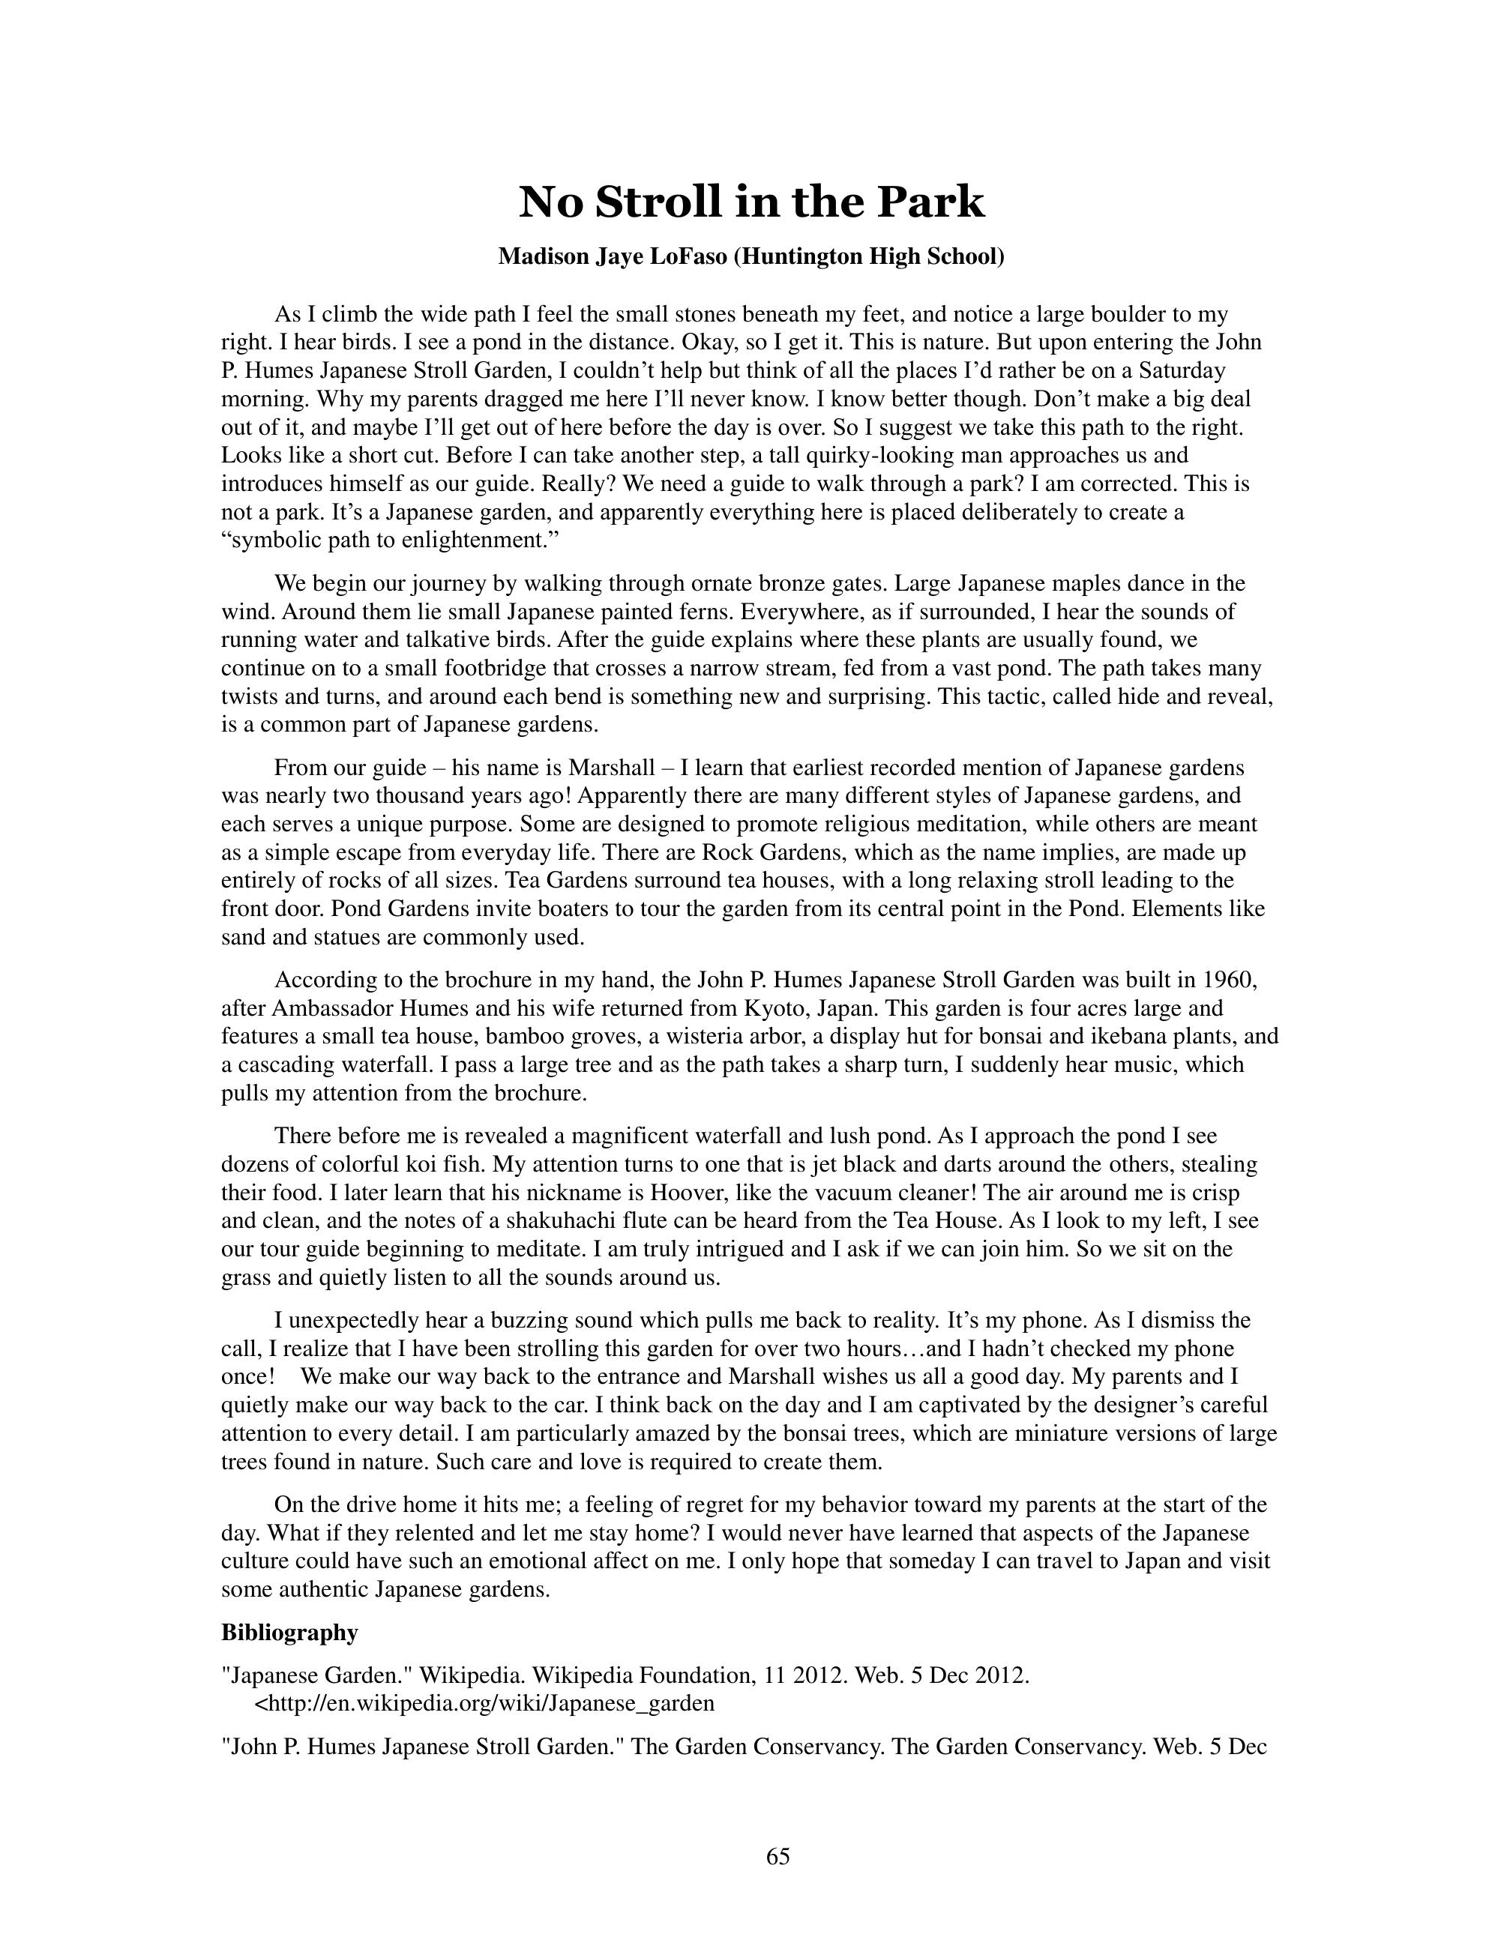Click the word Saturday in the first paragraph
pos(1182,370)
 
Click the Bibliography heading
pos(289,1633)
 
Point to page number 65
pos(777,1856)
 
